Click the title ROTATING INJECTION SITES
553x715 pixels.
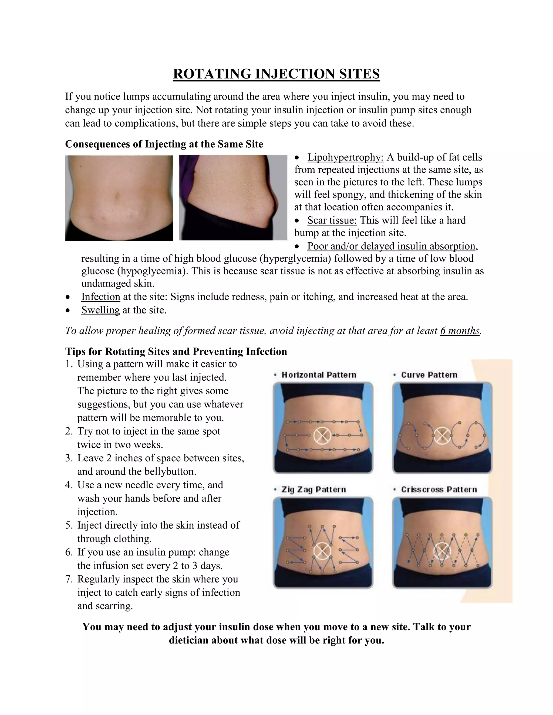pyautogui.click(x=276, y=74)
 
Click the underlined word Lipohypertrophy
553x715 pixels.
pyautogui.click(x=345, y=158)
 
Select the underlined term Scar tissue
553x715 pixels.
pyautogui.click(x=332, y=220)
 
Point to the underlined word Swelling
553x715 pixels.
pyautogui.click(x=100, y=310)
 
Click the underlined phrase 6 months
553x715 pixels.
pyautogui.click(x=460, y=331)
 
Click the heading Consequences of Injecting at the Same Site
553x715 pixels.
pyautogui.click(x=164, y=144)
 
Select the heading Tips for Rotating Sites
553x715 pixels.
pyautogui.click(x=176, y=351)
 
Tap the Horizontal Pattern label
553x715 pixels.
pyautogui.click(x=318, y=375)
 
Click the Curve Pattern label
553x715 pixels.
pyautogui.click(x=429, y=375)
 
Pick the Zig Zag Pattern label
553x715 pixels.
pyautogui.click(x=313, y=489)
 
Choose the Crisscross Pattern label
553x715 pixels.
pyautogui.click(x=439, y=489)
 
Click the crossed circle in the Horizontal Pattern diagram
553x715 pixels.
pyautogui.click(x=322, y=436)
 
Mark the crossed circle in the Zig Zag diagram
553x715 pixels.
pyautogui.click(x=322, y=551)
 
